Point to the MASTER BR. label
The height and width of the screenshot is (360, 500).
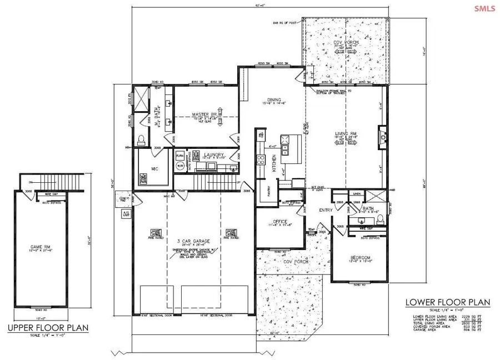(x=204, y=115)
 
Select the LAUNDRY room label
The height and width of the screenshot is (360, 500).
(x=214, y=155)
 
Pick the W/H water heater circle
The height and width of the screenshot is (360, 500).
(x=181, y=166)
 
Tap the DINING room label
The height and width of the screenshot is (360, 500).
(x=274, y=100)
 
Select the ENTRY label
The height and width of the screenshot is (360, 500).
(x=325, y=210)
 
